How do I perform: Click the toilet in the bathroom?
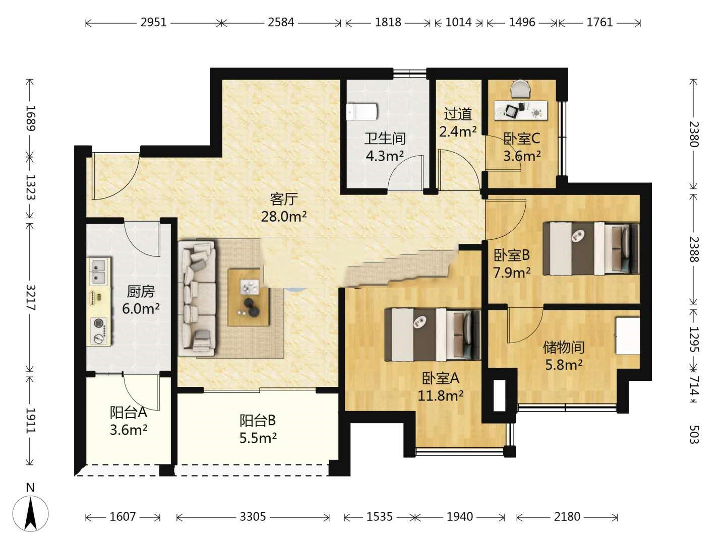[362, 112]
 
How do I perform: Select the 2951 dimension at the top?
[153, 23]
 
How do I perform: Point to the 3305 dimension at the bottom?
[253, 516]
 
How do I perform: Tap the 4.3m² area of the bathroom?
[385, 156]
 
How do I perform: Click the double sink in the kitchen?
[98, 272]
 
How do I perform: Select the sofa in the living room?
[197, 298]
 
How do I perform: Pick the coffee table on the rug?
[249, 297]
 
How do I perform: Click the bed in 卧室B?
[591, 249]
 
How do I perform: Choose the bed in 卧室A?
[433, 334]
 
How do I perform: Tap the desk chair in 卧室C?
[521, 89]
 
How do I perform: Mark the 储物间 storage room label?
[564, 347]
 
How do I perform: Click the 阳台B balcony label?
[258, 420]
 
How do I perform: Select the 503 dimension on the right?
[694, 434]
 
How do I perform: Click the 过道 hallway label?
[458, 114]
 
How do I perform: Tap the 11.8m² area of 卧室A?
[440, 395]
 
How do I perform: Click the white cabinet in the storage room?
[628, 335]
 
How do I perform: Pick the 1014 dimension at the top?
[459, 23]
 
